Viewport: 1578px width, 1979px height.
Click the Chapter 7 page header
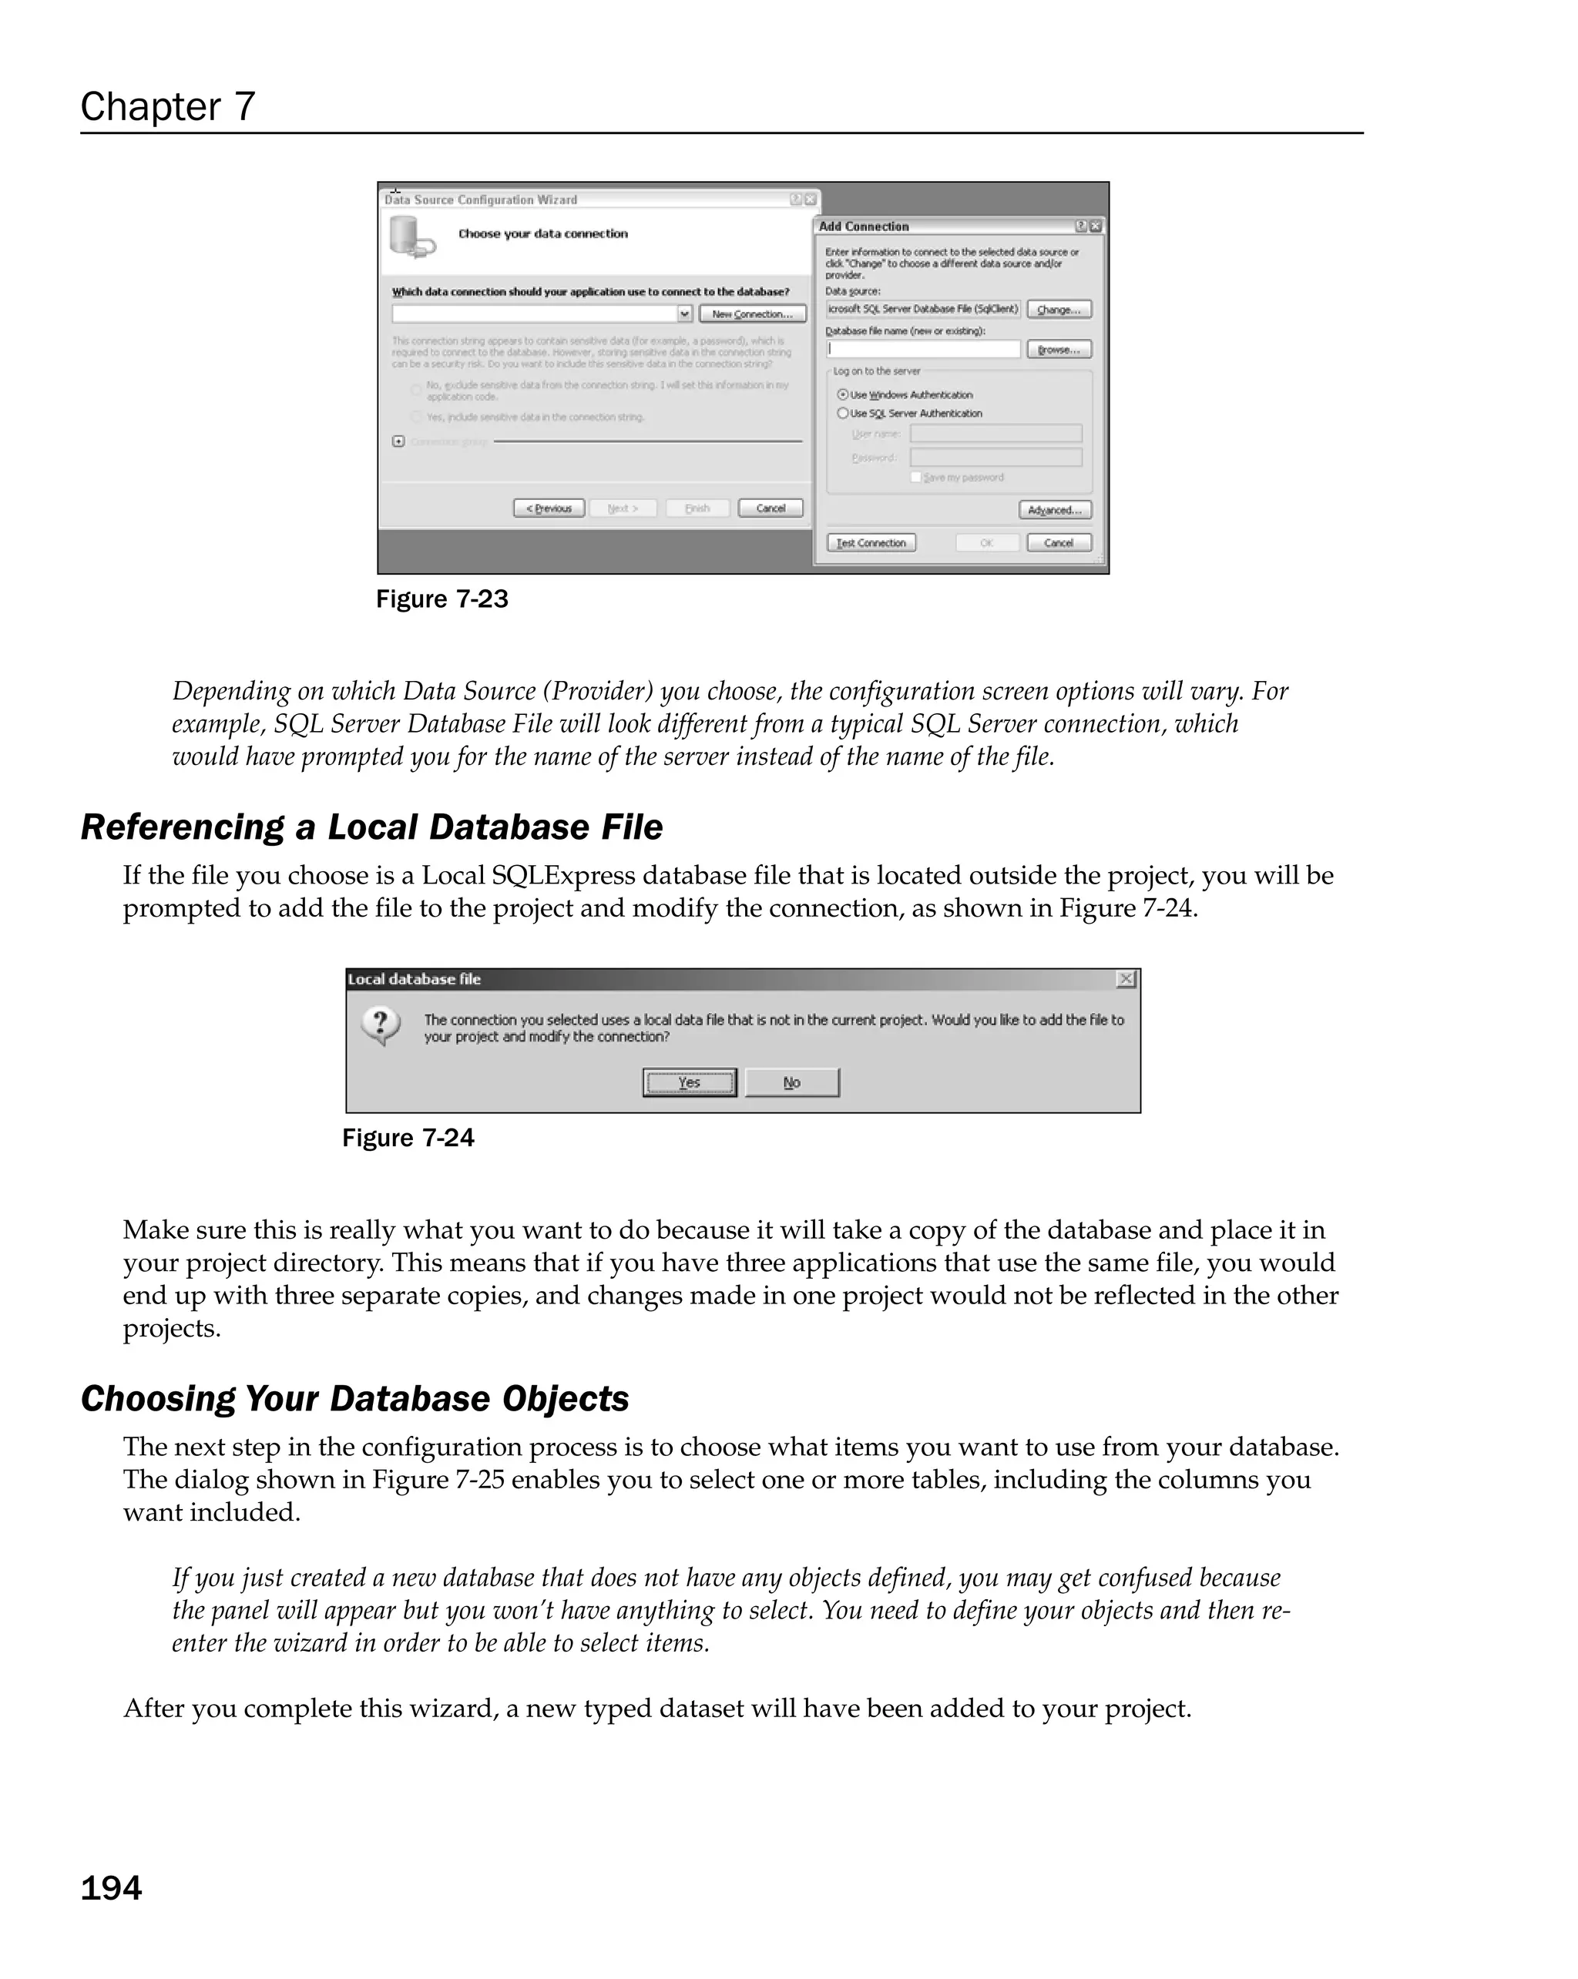pyautogui.click(x=168, y=107)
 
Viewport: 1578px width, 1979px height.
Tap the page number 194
pyautogui.click(x=111, y=1888)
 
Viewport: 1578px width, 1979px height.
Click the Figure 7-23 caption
pyautogui.click(x=442, y=599)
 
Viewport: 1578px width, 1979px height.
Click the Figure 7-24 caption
pyautogui.click(x=408, y=1139)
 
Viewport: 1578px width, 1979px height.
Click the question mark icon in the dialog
pyautogui.click(x=381, y=1025)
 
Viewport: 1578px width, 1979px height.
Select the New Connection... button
pyautogui.click(x=752, y=314)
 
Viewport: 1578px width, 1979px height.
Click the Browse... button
pyautogui.click(x=1059, y=350)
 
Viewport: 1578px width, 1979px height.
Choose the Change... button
pyautogui.click(x=1059, y=310)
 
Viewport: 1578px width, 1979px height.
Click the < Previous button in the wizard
pyautogui.click(x=549, y=508)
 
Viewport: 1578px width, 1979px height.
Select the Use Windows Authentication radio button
pyautogui.click(x=843, y=394)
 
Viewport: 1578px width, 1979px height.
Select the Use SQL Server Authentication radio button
pyautogui.click(x=843, y=414)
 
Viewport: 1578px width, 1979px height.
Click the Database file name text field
pyautogui.click(x=922, y=350)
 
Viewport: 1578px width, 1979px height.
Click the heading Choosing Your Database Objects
pyautogui.click(x=354, y=1399)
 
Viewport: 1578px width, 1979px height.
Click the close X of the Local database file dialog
pyautogui.click(x=1126, y=979)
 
